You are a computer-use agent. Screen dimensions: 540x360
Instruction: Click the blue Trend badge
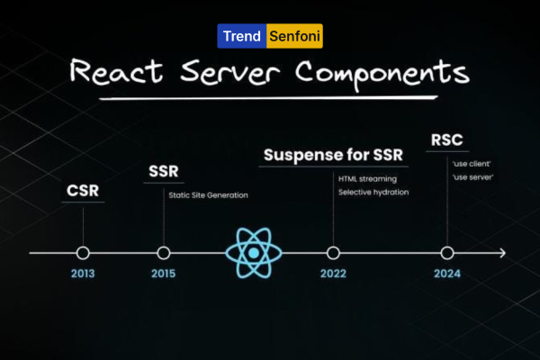pyautogui.click(x=242, y=36)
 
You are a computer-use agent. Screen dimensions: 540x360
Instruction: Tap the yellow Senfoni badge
pyautogui.click(x=295, y=36)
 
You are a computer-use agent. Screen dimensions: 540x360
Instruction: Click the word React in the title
pyautogui.click(x=116, y=72)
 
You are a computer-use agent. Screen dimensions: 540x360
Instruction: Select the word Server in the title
pyautogui.click(x=230, y=72)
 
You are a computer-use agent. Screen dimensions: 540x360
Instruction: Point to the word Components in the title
pyautogui.click(x=382, y=74)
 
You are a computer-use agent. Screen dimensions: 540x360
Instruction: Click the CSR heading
pyautogui.click(x=83, y=191)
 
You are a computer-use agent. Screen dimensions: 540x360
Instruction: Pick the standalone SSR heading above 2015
pyautogui.click(x=164, y=171)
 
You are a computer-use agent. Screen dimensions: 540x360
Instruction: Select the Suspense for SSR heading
pyautogui.click(x=333, y=155)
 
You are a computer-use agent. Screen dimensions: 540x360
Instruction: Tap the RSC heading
pyautogui.click(x=447, y=139)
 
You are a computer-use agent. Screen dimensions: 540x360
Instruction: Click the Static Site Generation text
pyautogui.click(x=209, y=195)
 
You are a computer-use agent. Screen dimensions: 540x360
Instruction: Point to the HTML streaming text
pyautogui.click(x=367, y=179)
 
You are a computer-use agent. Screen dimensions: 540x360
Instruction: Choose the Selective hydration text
pyautogui.click(x=373, y=193)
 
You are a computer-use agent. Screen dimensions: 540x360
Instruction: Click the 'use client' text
pyautogui.click(x=472, y=164)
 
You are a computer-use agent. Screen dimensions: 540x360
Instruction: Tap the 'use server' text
pyautogui.click(x=472, y=177)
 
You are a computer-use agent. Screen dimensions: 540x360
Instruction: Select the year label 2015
pyautogui.click(x=164, y=274)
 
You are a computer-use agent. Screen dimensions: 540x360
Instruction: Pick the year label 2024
pyautogui.click(x=447, y=274)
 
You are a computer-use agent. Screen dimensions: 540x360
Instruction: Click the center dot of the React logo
pyautogui.click(x=254, y=253)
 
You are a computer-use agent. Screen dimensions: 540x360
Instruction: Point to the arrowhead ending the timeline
pyautogui.click(x=503, y=253)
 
